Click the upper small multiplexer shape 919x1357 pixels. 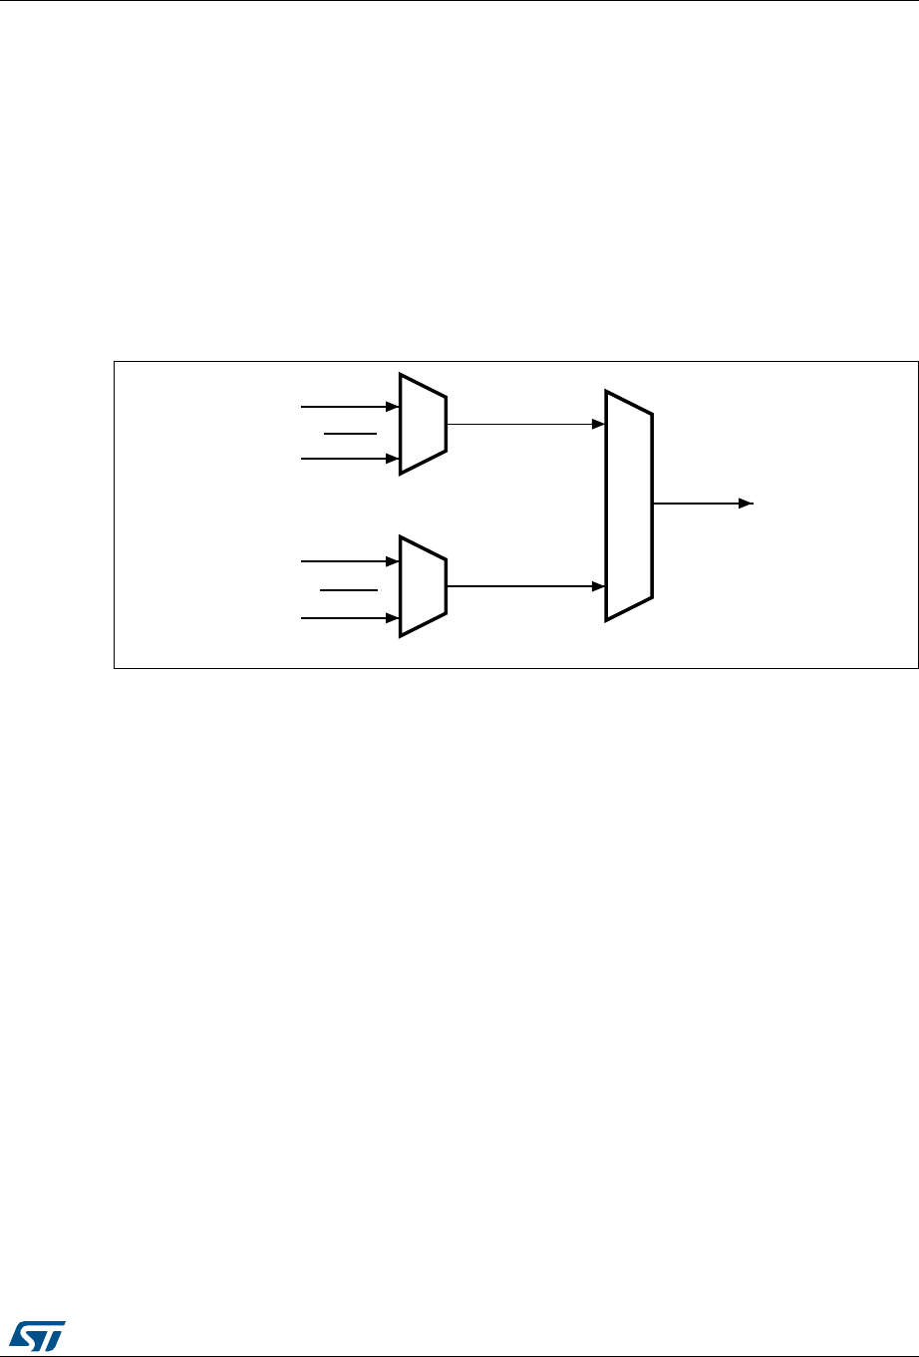click(x=423, y=424)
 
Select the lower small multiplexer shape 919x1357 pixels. click(x=423, y=585)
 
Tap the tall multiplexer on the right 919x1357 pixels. click(x=629, y=506)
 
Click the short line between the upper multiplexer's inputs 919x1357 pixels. click(x=349, y=434)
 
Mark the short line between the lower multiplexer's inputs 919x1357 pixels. click(x=349, y=590)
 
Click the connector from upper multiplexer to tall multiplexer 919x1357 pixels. click(x=523, y=424)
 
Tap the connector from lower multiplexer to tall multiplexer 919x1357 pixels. click(x=523, y=586)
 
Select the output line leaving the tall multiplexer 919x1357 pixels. click(x=698, y=505)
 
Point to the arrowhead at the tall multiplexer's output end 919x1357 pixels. click(x=746, y=505)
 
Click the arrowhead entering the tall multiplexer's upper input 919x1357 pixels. click(x=599, y=424)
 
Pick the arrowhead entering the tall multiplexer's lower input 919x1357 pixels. click(x=599, y=586)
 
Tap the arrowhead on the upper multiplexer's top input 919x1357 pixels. click(x=393, y=407)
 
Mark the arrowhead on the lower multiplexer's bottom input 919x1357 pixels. click(x=393, y=618)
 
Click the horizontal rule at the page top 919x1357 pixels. click(x=459, y=1)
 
